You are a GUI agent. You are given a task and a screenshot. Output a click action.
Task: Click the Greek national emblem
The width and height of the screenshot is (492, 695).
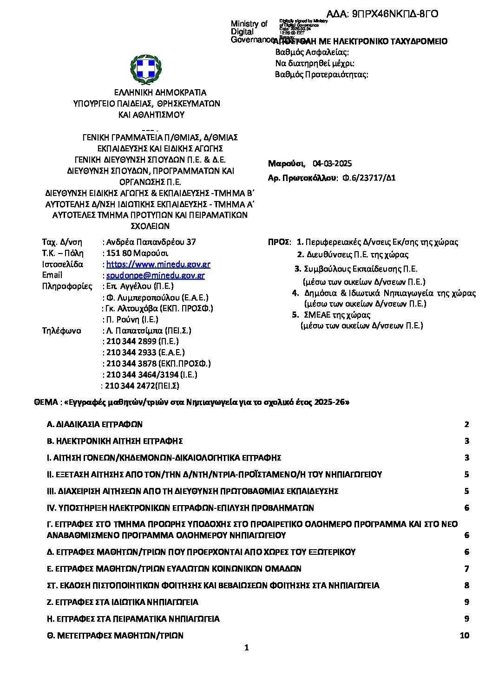coord(146,69)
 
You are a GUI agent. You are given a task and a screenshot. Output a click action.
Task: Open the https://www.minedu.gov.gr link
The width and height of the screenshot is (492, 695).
coord(158,264)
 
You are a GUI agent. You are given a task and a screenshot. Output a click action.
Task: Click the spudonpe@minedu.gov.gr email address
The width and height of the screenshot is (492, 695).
coord(155,275)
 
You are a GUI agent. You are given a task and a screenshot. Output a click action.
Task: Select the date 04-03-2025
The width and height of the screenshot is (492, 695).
coord(332,163)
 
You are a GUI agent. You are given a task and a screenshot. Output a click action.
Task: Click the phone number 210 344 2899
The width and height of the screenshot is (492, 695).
coord(131,341)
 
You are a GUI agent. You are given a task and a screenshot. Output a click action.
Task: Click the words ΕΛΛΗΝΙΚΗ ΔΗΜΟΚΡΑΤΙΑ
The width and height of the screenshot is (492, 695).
coord(160,92)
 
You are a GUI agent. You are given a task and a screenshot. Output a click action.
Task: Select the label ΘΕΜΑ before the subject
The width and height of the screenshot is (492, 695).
coord(45,402)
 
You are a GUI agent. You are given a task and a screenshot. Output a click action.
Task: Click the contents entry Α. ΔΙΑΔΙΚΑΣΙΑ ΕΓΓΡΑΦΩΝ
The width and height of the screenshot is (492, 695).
coord(95,424)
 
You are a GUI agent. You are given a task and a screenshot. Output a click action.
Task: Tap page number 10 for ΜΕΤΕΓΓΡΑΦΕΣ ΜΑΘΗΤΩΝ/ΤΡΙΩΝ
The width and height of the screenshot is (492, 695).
coord(464,636)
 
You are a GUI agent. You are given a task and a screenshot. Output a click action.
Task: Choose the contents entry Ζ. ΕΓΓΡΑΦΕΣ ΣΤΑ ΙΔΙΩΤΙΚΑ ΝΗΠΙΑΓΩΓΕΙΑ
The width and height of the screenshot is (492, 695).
coord(123,602)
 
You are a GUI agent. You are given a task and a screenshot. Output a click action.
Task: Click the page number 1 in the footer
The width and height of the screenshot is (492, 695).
coord(246,648)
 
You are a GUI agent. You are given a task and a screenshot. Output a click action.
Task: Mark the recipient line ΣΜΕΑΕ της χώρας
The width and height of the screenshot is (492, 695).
coord(337,315)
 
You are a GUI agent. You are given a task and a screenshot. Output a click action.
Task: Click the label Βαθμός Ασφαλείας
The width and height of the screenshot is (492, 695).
coord(312,52)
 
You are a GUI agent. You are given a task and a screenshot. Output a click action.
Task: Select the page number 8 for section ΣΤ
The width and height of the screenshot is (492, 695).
coord(467,585)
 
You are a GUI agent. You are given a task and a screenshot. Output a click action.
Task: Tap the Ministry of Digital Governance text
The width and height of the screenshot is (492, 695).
coord(250,32)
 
